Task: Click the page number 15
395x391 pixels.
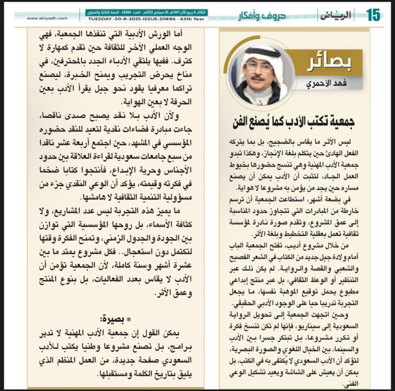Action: [x=373, y=15]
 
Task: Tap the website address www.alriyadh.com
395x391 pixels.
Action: [x=47, y=18]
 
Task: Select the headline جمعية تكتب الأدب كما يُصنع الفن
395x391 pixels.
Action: [x=293, y=121]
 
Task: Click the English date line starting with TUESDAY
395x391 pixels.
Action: [x=146, y=19]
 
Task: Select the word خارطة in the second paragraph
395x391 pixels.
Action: [x=349, y=211]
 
